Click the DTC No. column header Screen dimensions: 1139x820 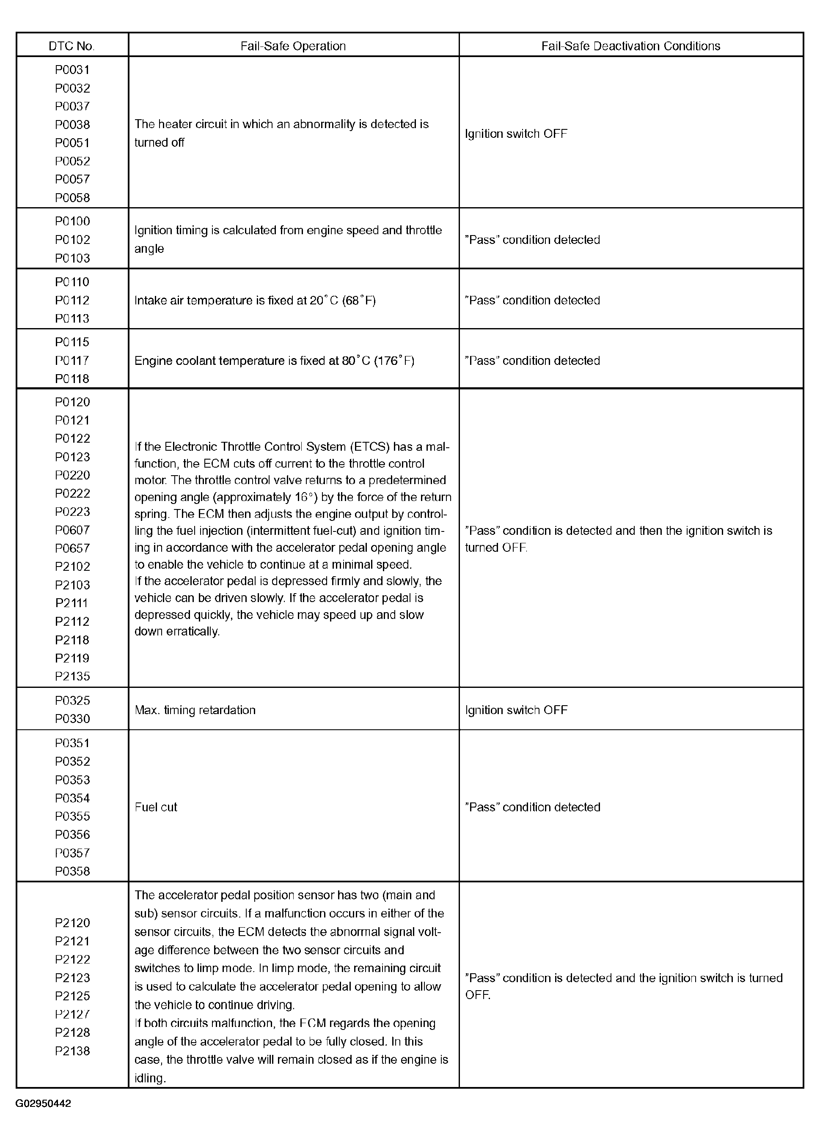[72, 46]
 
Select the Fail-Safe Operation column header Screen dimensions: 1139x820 [293, 46]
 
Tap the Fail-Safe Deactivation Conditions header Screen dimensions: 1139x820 [630, 46]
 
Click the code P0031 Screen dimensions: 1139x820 [72, 70]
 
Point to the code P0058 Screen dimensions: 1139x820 [72, 198]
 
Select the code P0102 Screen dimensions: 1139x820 [72, 240]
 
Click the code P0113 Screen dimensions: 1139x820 [72, 318]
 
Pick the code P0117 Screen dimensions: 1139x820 [72, 361]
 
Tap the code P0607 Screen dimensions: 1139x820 [72, 530]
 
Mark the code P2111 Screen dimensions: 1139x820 [72, 603]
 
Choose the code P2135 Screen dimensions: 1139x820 [72, 676]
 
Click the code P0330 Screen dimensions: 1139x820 [72, 719]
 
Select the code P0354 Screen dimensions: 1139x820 [72, 798]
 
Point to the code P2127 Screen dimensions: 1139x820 [72, 1014]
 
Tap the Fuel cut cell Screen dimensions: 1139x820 [156, 807]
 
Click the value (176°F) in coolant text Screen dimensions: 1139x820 [394, 361]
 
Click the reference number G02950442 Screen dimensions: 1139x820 [43, 1103]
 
